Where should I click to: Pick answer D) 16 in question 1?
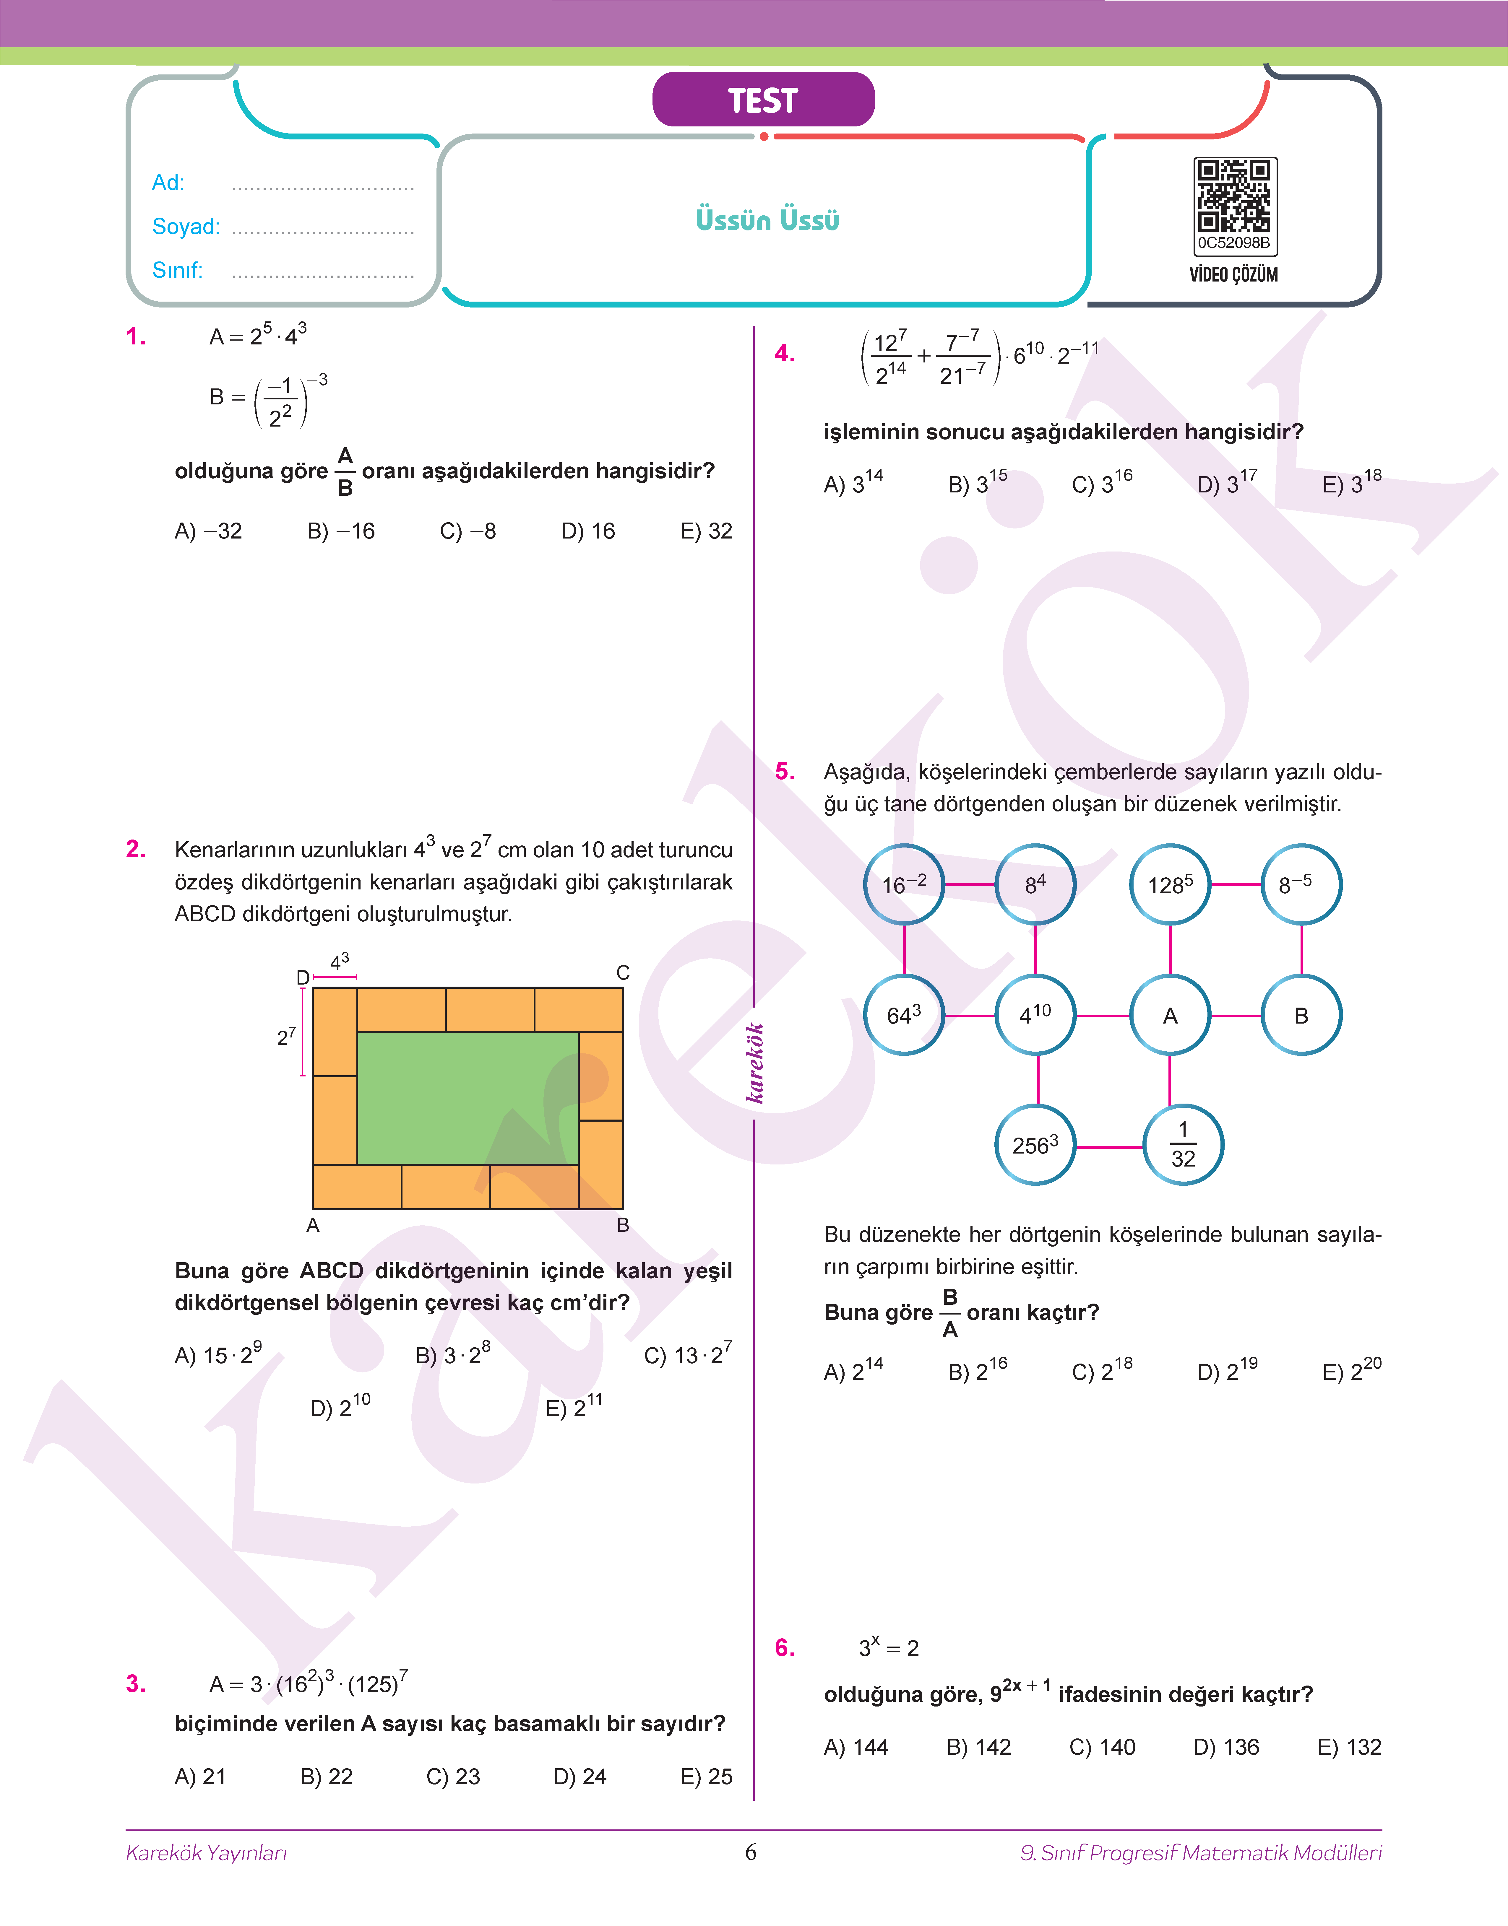pos(588,531)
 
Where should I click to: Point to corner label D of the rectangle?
pos(303,977)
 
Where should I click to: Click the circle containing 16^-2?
pos(904,884)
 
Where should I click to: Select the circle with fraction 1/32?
pos(1183,1145)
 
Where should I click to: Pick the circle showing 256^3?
pos(1036,1145)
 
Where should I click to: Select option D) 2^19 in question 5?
pos(1227,1371)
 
